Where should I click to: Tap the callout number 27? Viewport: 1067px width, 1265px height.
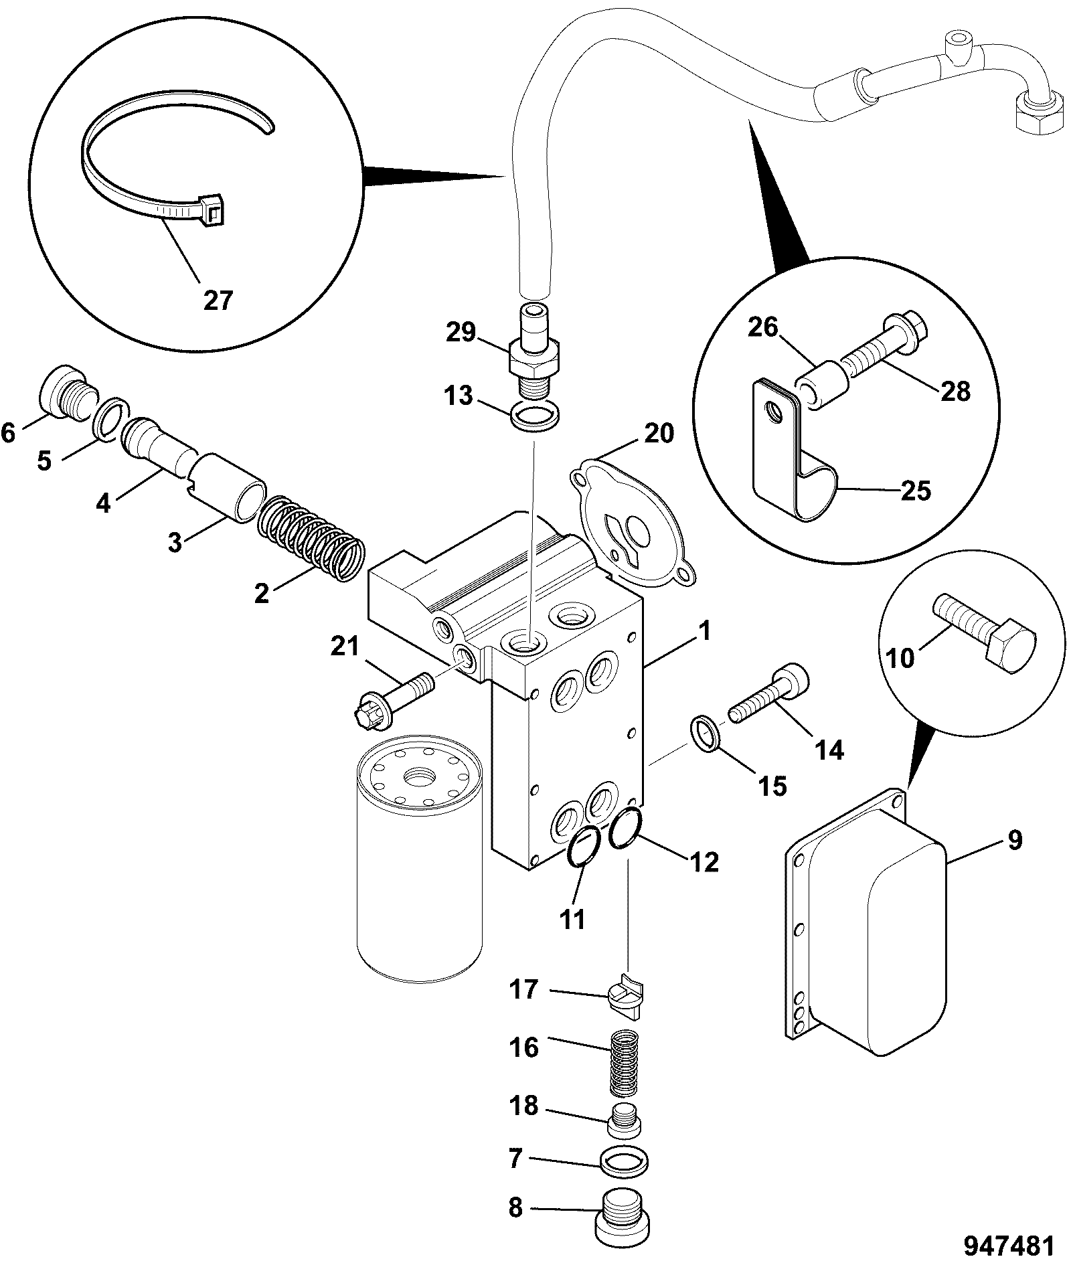[218, 301]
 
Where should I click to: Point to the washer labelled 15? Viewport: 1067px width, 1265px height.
[704, 733]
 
